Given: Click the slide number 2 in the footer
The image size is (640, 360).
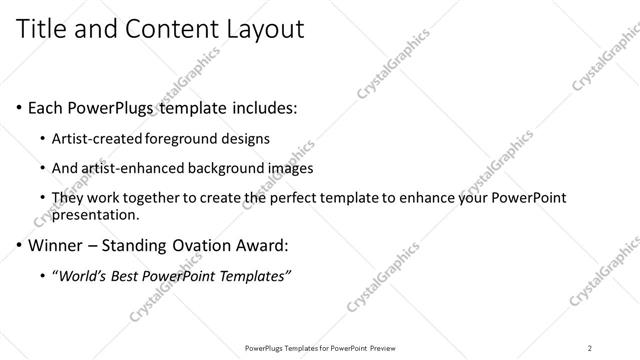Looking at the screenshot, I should (590, 347).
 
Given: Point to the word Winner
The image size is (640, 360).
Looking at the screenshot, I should (61, 244).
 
